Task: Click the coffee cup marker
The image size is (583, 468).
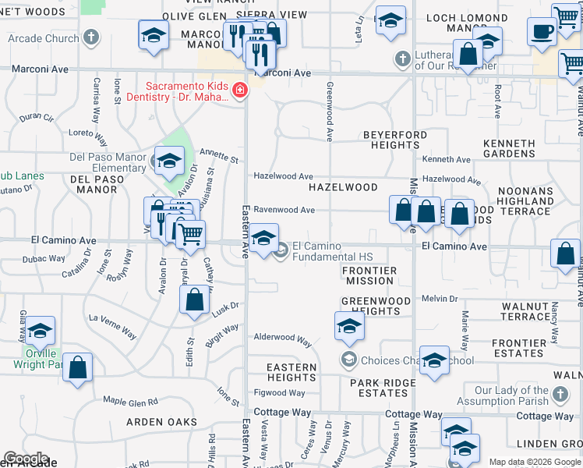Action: pos(542,32)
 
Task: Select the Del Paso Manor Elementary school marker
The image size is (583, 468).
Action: pos(168,161)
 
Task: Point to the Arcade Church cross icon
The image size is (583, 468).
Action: pos(91,37)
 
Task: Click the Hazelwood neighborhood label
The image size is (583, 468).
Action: pos(343,188)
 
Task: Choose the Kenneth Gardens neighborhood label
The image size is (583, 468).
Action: pos(520,149)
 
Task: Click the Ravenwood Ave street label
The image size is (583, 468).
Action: pos(284,210)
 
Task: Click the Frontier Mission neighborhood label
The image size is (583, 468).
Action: pos(370,275)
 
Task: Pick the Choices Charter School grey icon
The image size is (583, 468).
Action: pos(348,360)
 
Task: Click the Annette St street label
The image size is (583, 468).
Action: pos(219,156)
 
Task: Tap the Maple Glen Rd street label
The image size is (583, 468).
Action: pos(130,401)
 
